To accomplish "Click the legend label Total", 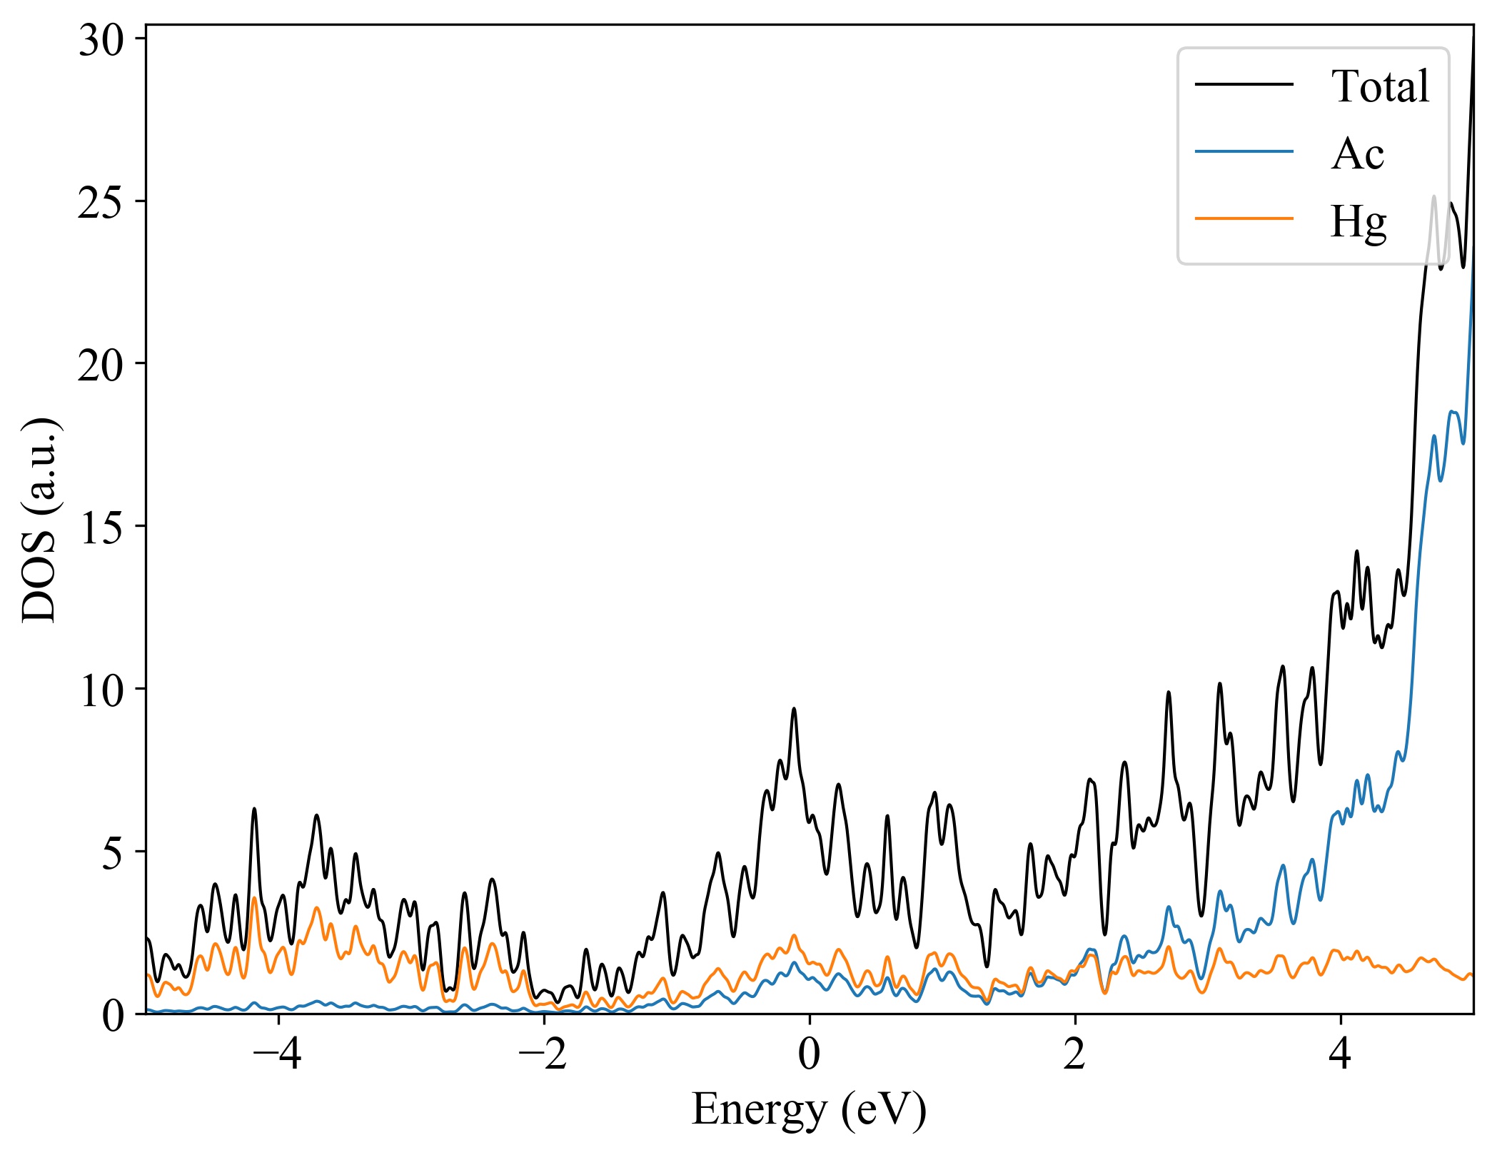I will (x=1379, y=86).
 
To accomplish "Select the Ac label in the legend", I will (x=1357, y=153).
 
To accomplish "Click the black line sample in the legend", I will (x=1244, y=85).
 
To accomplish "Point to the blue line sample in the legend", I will (x=1244, y=151).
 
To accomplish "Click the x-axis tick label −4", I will (x=278, y=1054).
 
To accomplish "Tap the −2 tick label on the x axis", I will (x=543, y=1054).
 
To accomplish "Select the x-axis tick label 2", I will (x=1075, y=1054).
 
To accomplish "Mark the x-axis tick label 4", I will (x=1341, y=1054).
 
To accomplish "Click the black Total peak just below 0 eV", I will (x=794, y=709).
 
